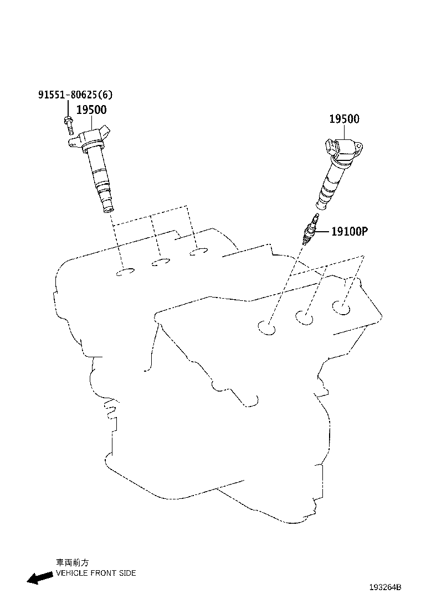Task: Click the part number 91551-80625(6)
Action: (75, 95)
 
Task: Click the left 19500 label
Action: (91, 110)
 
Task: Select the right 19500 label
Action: (344, 119)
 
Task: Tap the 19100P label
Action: (349, 231)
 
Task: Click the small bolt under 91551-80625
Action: (68, 125)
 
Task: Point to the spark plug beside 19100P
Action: (310, 230)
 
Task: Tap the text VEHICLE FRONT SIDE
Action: (96, 573)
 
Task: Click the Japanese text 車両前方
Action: (69, 562)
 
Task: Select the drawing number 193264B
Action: (385, 587)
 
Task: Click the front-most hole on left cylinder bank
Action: (125, 272)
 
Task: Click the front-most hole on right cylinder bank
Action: (268, 327)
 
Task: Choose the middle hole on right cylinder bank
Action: (304, 317)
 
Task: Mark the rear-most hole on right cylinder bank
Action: (341, 307)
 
